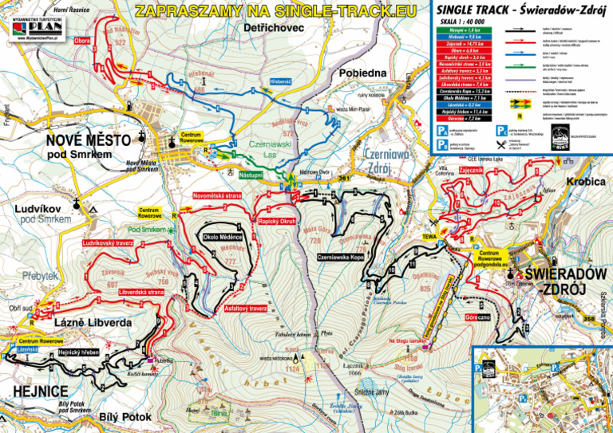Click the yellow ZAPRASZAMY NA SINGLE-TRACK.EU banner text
click(x=275, y=11)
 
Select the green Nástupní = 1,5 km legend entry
click(x=460, y=29)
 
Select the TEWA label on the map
click(x=429, y=237)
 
